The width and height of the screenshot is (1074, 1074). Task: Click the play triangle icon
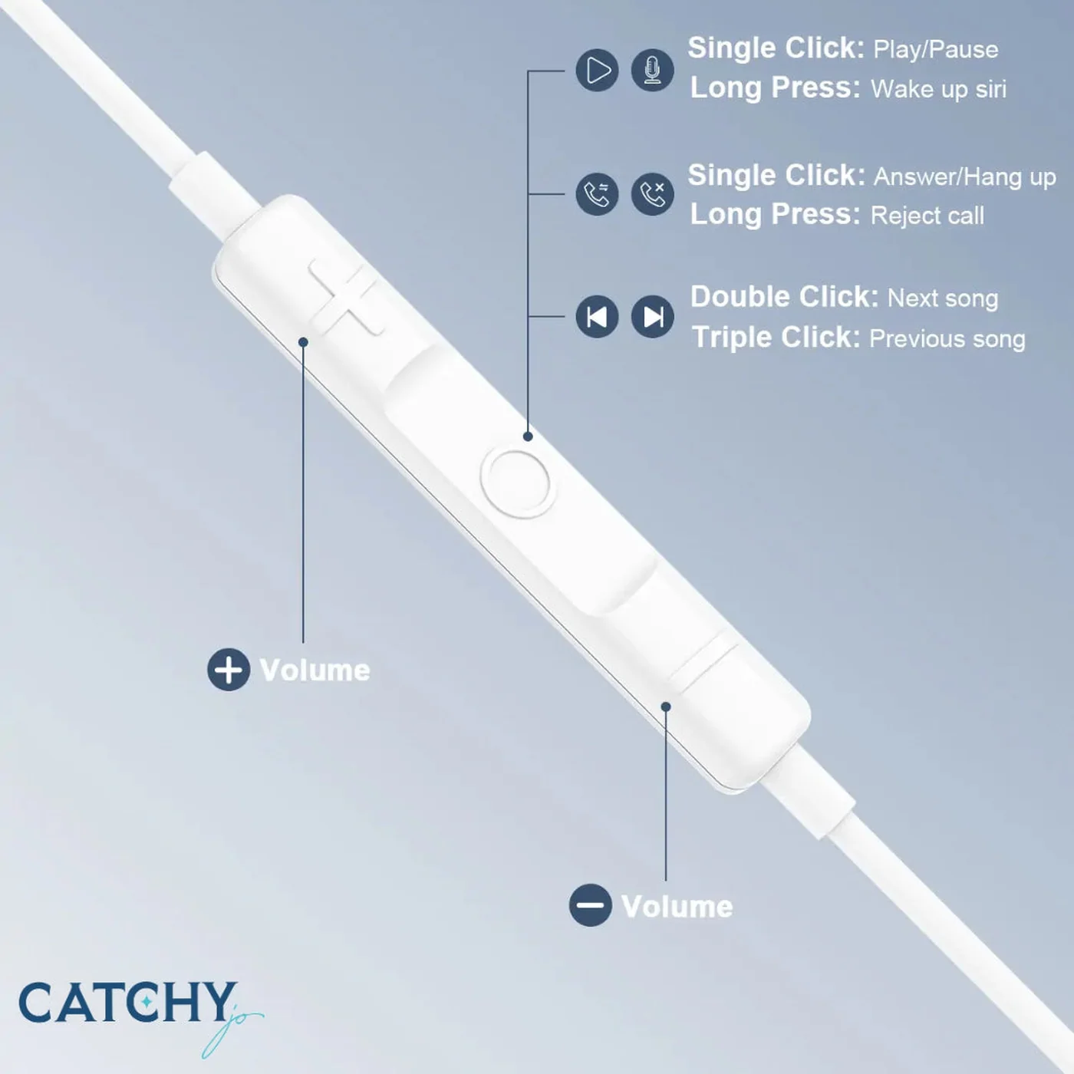coord(597,71)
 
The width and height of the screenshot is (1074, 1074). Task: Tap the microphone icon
coord(652,71)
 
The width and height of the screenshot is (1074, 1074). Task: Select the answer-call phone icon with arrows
coord(597,194)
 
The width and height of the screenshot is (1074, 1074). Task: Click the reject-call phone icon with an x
coord(652,194)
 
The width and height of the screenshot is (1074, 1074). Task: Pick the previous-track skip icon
coord(597,317)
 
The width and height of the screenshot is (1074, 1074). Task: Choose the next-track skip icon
coord(652,317)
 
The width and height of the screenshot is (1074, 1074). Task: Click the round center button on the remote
coord(516,483)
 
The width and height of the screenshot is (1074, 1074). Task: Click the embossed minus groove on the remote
coord(704,664)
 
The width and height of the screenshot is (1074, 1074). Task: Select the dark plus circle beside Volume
coord(229,670)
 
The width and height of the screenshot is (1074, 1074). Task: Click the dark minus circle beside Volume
coord(590,905)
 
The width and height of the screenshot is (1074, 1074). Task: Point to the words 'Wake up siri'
coord(938,89)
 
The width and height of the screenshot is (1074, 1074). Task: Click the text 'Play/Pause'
coord(935,50)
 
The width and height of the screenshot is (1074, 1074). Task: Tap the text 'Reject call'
coord(927,216)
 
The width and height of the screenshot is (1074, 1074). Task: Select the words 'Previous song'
coord(947,339)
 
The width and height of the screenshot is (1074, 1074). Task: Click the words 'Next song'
coord(943,298)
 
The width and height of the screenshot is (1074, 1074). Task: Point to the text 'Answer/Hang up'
coord(964,177)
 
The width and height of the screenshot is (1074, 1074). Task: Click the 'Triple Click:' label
coord(776,338)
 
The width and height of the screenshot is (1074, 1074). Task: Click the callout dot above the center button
coord(528,437)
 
